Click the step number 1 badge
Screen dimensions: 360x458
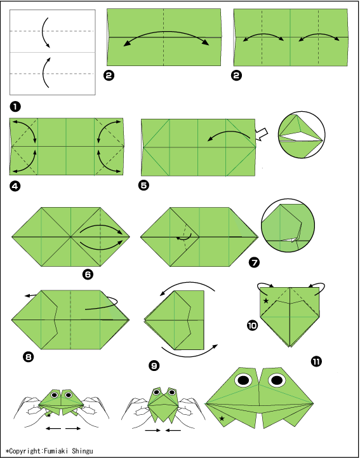15,107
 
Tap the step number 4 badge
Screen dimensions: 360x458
15,185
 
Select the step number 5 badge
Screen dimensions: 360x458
143,185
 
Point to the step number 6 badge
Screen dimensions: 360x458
88,274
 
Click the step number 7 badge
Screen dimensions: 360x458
254,262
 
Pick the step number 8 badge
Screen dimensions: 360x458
29,356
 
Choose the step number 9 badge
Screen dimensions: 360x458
154,365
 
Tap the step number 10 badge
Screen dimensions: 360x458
253,325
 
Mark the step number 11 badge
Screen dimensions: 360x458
316,361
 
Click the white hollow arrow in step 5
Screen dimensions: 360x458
262,134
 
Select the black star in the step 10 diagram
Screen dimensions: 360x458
266,300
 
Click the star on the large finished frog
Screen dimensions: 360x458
222,419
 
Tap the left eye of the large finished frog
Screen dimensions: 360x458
244,380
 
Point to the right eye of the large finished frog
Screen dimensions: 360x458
276,380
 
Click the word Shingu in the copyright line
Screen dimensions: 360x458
83,451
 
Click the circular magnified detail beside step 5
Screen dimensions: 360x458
302,135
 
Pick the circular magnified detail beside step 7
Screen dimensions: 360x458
288,226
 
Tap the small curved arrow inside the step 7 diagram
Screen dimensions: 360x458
185,238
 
